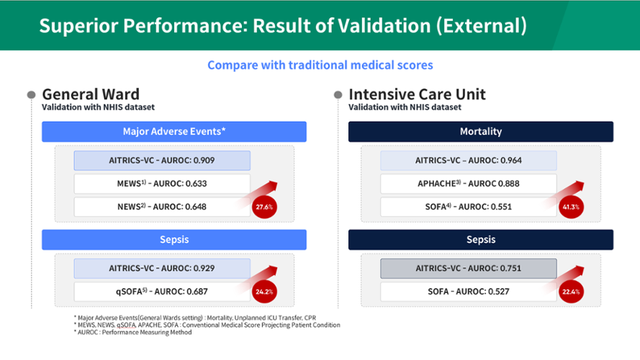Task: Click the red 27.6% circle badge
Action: tap(264, 207)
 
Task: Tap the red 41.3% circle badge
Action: tap(571, 207)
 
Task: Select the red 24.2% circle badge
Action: tap(264, 292)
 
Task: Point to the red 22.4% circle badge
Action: tap(571, 292)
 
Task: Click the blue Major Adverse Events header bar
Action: tap(174, 132)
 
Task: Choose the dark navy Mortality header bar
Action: tap(481, 132)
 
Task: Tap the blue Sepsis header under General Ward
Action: tap(174, 240)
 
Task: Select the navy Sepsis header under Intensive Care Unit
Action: tap(481, 240)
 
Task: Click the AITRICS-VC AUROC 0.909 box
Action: tap(162, 161)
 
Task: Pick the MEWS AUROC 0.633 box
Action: tap(162, 184)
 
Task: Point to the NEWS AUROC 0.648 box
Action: tap(162, 207)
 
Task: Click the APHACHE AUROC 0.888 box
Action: tap(469, 184)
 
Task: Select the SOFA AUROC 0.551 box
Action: tap(469, 207)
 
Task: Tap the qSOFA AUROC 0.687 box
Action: tap(162, 292)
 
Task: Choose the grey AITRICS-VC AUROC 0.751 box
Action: tap(469, 268)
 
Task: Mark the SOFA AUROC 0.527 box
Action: tap(469, 292)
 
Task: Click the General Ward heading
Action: tap(91, 94)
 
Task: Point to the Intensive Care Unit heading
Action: tap(417, 94)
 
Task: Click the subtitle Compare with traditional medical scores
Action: tap(320, 66)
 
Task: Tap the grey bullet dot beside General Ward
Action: tap(32, 95)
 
